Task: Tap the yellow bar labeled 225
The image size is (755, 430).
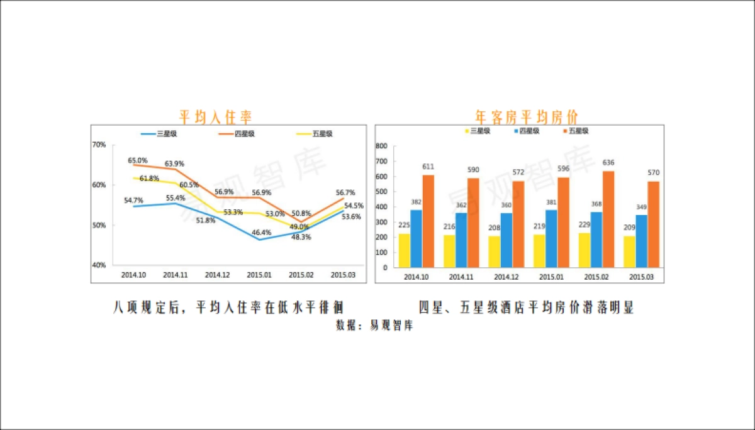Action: (x=405, y=250)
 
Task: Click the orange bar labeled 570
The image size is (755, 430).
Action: (x=654, y=224)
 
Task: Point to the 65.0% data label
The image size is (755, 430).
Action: (x=138, y=160)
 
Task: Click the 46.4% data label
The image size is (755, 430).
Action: (x=262, y=233)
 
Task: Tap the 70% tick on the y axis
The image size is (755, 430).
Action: (x=99, y=145)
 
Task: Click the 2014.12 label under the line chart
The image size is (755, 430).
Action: (x=216, y=275)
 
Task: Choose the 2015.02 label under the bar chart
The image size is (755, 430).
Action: (x=596, y=277)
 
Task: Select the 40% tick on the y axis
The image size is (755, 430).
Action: (x=99, y=265)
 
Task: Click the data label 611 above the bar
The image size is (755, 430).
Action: (x=428, y=167)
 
